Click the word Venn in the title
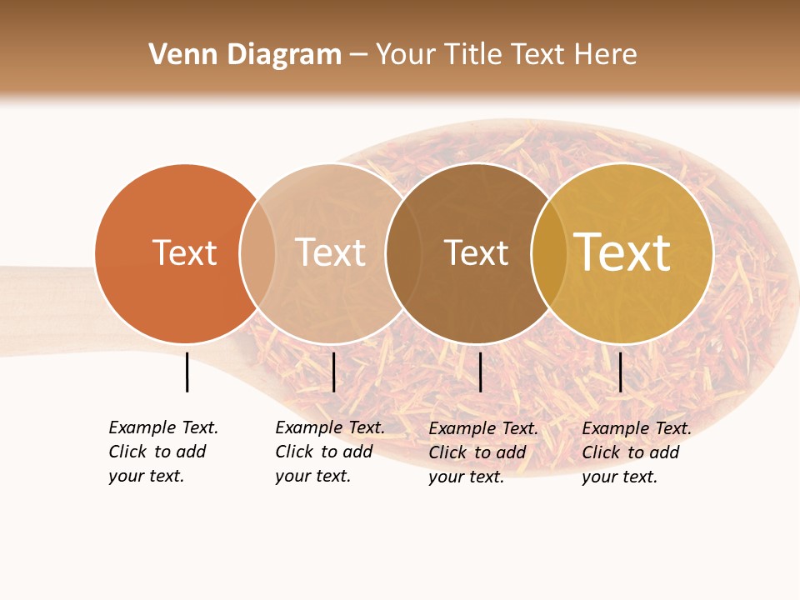tap(178, 55)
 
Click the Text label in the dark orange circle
tap(184, 252)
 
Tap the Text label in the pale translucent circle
tap(330, 252)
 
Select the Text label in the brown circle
tap(476, 252)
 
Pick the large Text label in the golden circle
tap(622, 252)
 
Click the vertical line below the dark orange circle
tap(187, 372)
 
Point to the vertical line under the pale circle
tap(333, 372)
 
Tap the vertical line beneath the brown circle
tap(480, 372)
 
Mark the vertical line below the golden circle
tap(620, 372)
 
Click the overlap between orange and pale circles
tap(257, 253)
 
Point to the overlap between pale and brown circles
tap(403, 253)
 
